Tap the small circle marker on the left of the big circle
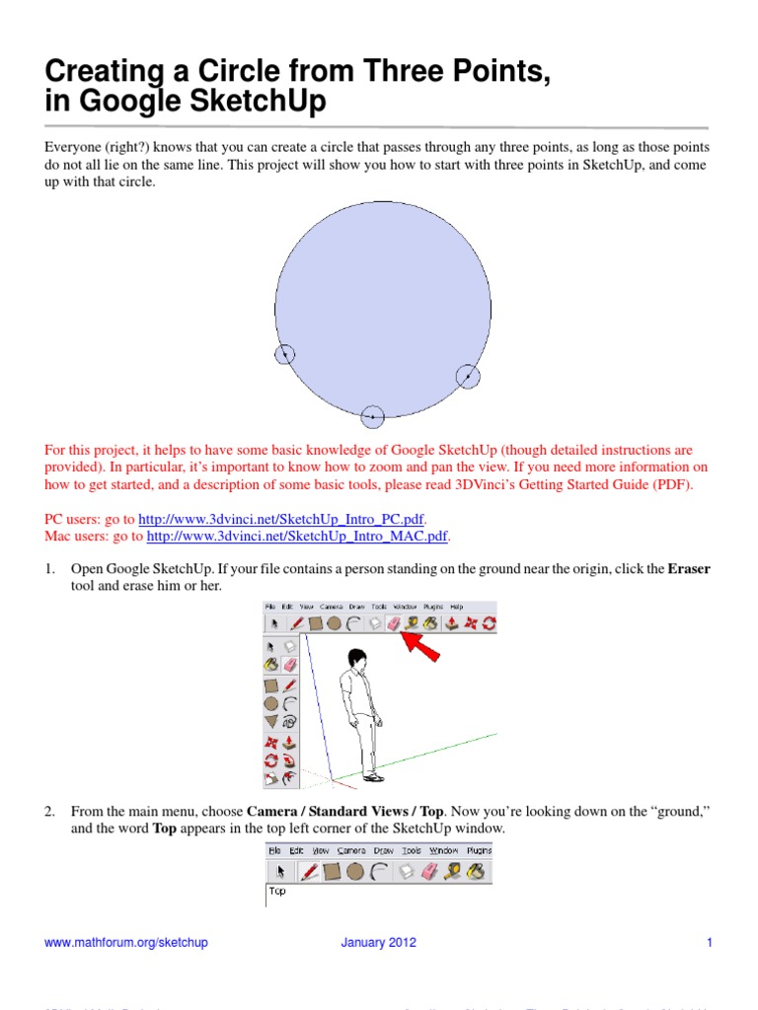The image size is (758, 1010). (x=284, y=354)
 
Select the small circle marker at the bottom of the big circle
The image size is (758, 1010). (x=372, y=417)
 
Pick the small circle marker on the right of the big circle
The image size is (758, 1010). (x=467, y=376)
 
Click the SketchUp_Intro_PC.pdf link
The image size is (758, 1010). (x=281, y=519)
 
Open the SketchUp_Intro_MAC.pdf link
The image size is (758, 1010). (x=297, y=537)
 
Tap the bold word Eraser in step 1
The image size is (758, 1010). (x=689, y=569)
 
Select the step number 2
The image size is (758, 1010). (x=48, y=811)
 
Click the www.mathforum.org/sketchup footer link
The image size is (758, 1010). (x=126, y=943)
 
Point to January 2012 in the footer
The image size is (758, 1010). (x=379, y=943)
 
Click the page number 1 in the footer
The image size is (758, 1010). (x=709, y=943)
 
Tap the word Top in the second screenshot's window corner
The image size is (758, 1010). (x=277, y=891)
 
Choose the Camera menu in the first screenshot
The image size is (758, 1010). (x=333, y=607)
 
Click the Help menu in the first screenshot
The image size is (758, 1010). (x=456, y=607)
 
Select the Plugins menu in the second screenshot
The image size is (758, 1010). (x=479, y=850)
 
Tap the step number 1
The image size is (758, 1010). (x=48, y=569)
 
